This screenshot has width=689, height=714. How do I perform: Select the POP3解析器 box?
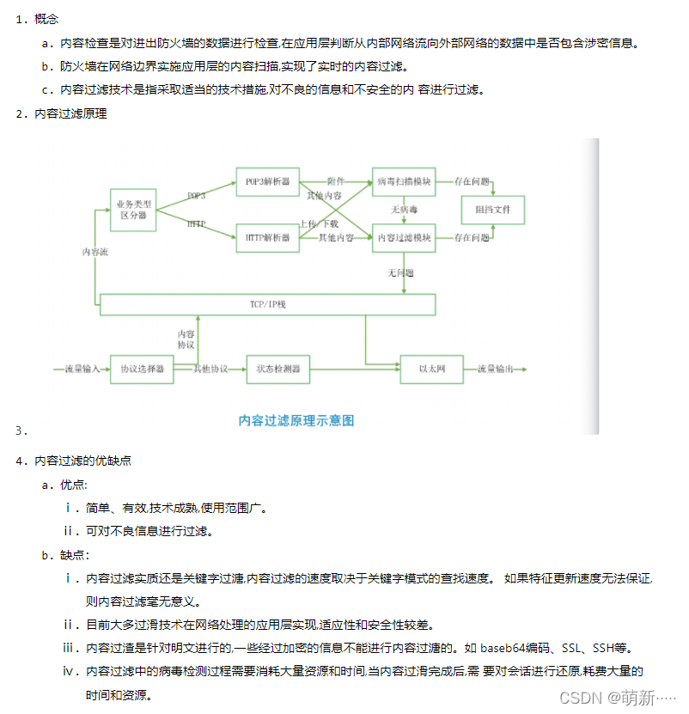click(x=267, y=182)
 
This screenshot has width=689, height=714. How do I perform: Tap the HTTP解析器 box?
click(x=267, y=237)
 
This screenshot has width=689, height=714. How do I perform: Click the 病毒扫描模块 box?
click(x=404, y=182)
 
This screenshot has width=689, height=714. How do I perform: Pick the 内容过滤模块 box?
click(x=404, y=237)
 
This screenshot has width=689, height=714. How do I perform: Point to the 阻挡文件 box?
click(x=493, y=210)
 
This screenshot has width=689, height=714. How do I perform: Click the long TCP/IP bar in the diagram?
click(x=268, y=304)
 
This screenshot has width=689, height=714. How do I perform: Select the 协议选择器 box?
click(x=142, y=369)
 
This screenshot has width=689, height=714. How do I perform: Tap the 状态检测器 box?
click(x=277, y=369)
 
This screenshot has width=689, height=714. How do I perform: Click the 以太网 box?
click(x=431, y=369)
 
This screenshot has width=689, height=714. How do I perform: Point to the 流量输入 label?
click(x=82, y=369)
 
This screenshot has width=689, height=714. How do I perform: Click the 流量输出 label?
click(x=496, y=369)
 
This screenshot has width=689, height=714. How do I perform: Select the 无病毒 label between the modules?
click(x=404, y=209)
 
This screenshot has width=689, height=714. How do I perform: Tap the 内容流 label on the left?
click(x=95, y=252)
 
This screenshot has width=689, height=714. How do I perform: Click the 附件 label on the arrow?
click(x=336, y=182)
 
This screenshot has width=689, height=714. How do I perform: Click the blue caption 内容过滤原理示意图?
click(x=296, y=420)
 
